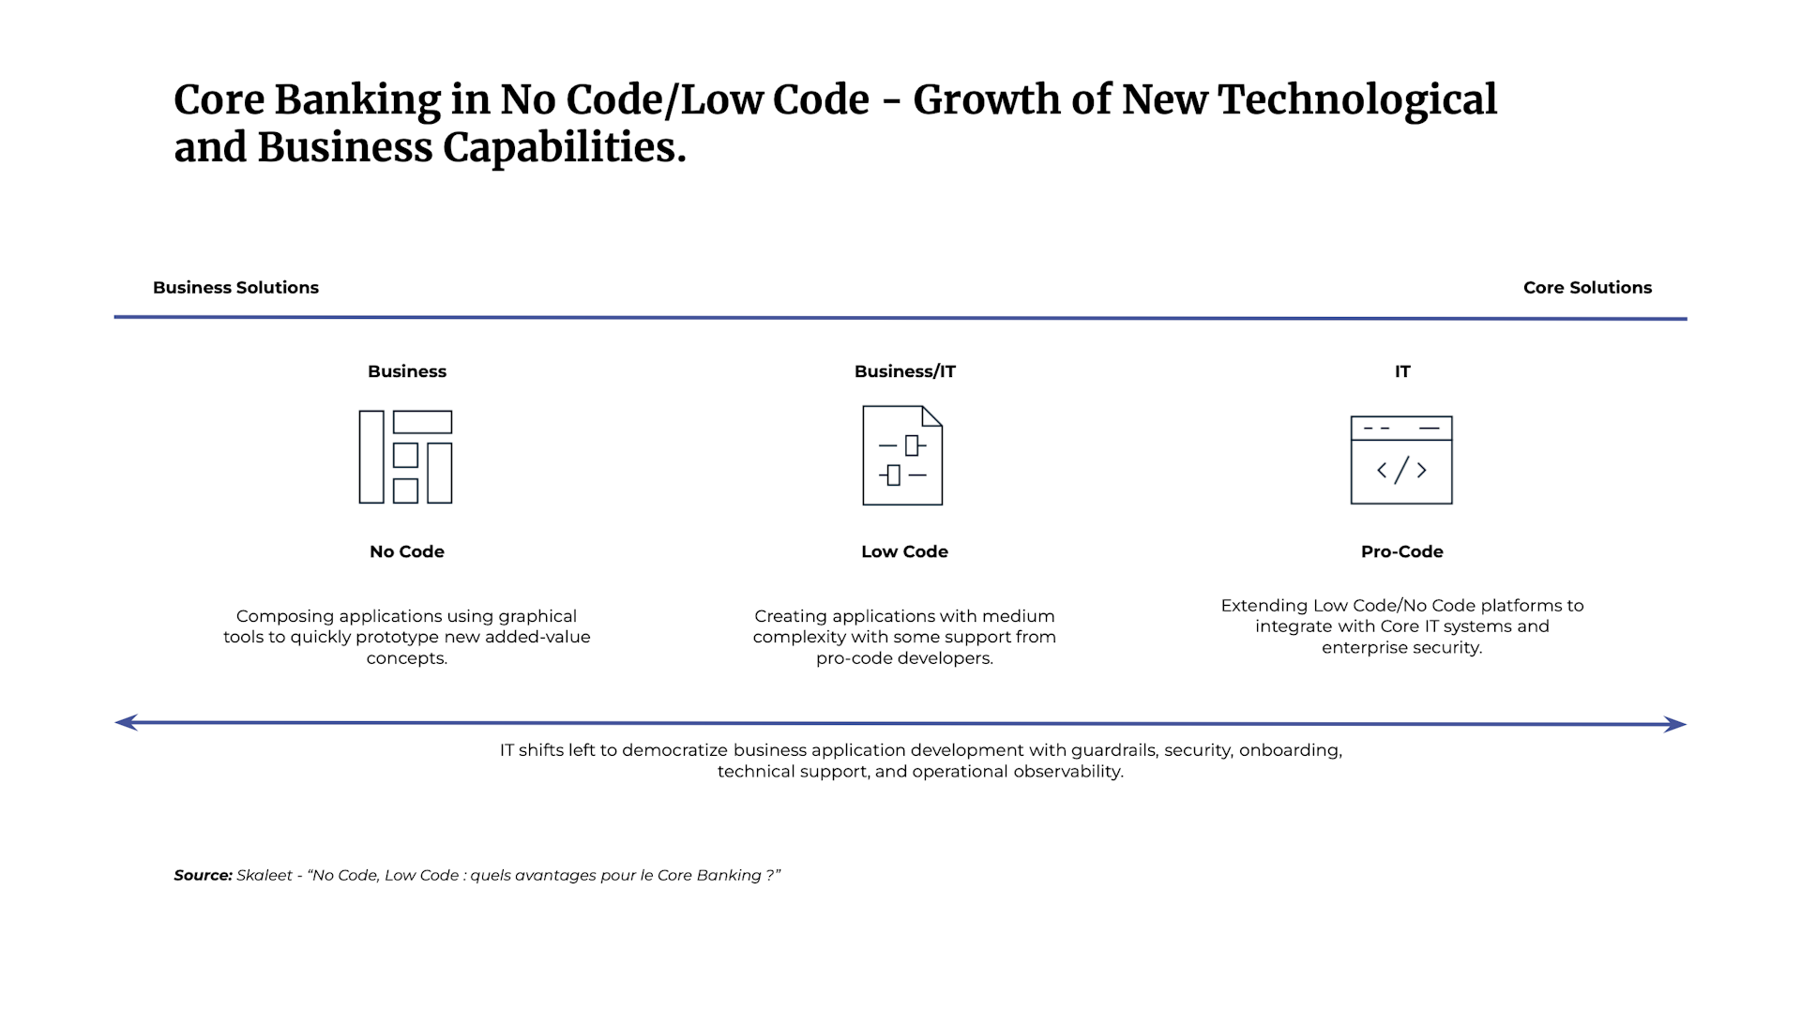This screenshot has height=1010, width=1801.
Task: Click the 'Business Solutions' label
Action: [235, 288]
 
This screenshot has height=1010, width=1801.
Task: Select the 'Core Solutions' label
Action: [1587, 288]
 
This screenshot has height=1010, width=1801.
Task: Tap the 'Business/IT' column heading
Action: [904, 371]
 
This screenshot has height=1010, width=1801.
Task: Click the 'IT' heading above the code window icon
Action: [1401, 371]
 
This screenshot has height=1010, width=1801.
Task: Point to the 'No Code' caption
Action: [406, 551]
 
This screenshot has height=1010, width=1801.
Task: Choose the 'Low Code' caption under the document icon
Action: [904, 551]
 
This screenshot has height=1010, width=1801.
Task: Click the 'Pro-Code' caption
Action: [1401, 551]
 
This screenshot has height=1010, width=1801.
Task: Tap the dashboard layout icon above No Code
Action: [405, 457]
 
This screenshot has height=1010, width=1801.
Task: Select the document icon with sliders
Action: [902, 456]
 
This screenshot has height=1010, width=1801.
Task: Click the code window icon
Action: [1401, 460]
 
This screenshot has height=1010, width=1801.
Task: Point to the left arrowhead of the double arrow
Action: [126, 722]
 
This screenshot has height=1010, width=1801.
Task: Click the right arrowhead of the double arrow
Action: [1675, 724]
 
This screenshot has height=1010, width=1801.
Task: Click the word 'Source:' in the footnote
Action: [203, 875]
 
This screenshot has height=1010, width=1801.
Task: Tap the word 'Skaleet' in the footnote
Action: [265, 875]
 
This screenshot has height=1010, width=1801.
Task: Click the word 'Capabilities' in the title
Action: [563, 147]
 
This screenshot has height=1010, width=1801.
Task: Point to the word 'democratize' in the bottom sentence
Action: [674, 750]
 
